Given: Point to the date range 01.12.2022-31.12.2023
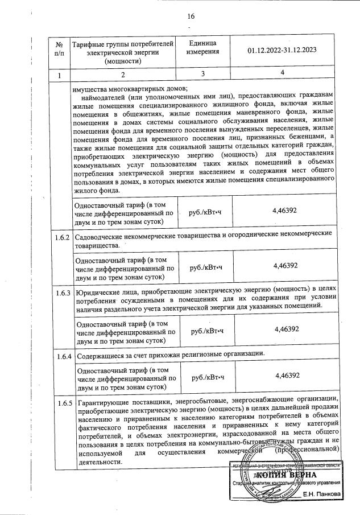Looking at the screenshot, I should pyautogui.click(x=282, y=50).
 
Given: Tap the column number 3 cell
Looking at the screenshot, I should pyautogui.click(x=202, y=75).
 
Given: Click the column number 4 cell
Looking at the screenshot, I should pyautogui.click(x=282, y=75).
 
